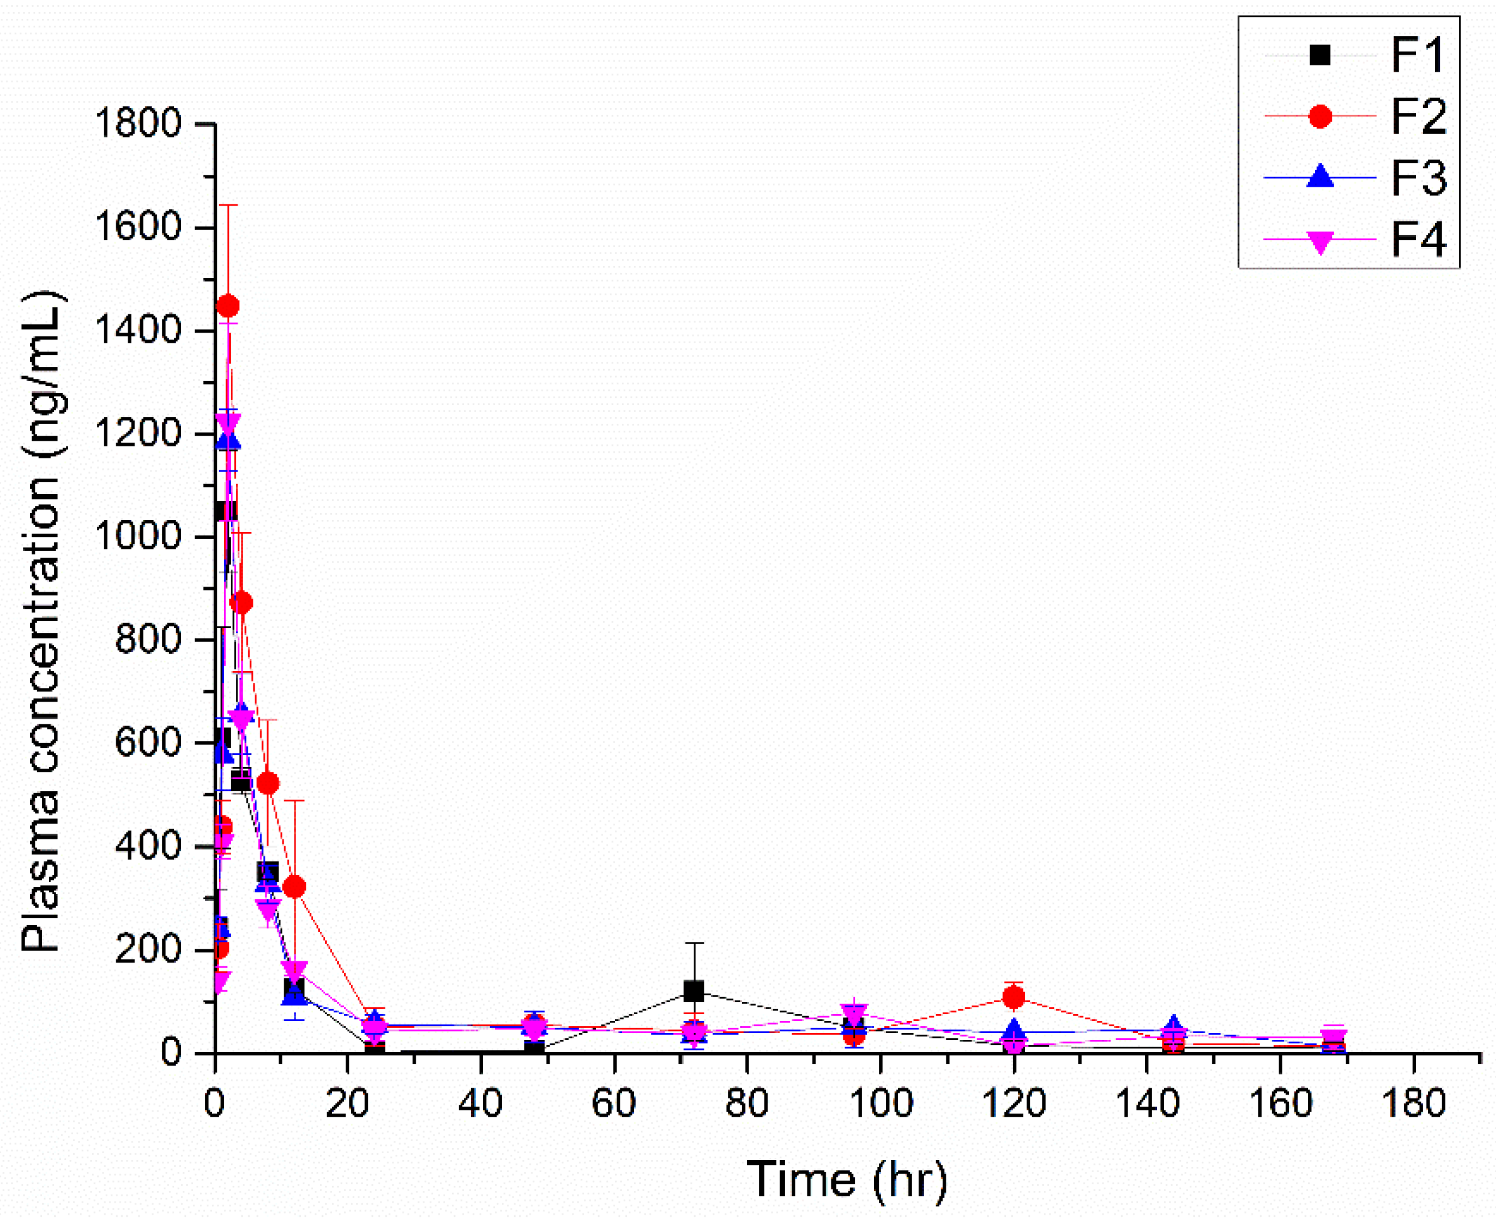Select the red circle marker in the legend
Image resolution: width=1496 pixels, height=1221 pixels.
pos(1320,116)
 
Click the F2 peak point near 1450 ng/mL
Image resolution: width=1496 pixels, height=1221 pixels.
pos(227,306)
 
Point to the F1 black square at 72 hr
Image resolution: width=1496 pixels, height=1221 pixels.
pos(694,992)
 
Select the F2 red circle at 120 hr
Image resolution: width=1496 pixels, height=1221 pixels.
pos(1014,997)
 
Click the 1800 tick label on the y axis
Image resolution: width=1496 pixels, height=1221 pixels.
pos(138,124)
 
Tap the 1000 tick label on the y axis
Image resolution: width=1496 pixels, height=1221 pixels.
pos(138,538)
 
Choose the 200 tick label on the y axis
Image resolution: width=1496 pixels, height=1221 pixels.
pos(148,949)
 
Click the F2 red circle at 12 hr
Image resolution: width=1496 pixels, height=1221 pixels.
pos(296,887)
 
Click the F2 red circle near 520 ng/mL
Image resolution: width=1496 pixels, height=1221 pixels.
pos(267,783)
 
